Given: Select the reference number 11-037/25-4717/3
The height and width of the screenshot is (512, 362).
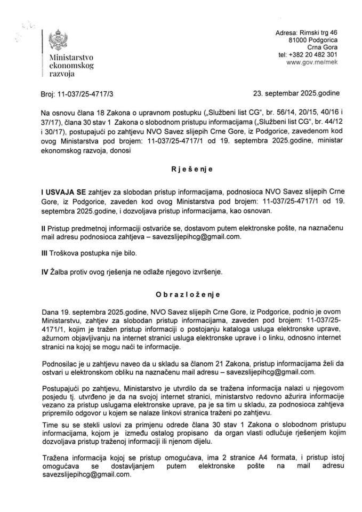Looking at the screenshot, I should click(85, 93).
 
